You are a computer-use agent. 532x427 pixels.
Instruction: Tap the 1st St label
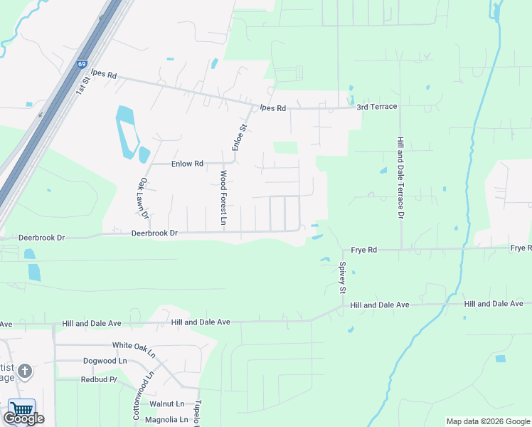click(85, 83)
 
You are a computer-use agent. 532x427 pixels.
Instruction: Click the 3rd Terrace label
click(377, 107)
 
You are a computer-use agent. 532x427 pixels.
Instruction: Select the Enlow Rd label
click(188, 164)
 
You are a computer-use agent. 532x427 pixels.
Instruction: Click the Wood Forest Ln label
click(223, 198)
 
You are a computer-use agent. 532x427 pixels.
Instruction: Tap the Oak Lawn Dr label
click(144, 198)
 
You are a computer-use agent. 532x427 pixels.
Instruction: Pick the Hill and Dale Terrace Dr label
click(401, 178)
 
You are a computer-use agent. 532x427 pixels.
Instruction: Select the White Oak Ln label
click(133, 345)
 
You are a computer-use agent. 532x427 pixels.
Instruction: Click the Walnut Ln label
click(166, 404)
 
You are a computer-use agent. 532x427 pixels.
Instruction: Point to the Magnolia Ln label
click(166, 420)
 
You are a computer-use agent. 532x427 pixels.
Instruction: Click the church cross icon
click(25, 370)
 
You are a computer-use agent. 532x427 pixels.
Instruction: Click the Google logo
click(23, 418)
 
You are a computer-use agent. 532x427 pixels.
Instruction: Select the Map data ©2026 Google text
click(488, 421)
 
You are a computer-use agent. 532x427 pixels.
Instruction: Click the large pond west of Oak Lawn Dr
click(126, 132)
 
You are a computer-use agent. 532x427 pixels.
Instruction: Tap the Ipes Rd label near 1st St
click(103, 75)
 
